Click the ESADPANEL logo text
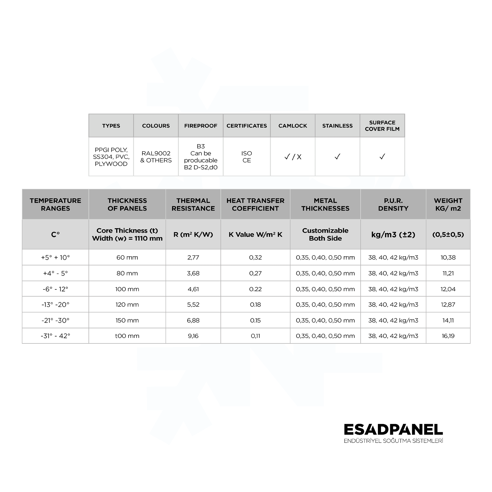click(x=393, y=430)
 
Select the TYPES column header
click(x=111, y=126)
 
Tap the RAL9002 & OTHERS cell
click(x=156, y=157)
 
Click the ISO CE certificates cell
click(x=247, y=157)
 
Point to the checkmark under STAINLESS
click(x=337, y=157)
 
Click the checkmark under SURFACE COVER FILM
click(x=382, y=157)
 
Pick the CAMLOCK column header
click(x=292, y=126)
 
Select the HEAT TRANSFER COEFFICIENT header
click(x=255, y=204)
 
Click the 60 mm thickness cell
click(x=127, y=258)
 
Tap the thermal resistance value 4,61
click(x=193, y=289)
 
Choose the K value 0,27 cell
click(x=255, y=273)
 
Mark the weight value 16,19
click(x=448, y=336)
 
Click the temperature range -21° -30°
click(x=55, y=320)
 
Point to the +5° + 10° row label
click(x=55, y=258)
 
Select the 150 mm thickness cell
click(x=127, y=320)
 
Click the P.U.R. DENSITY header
click(x=393, y=204)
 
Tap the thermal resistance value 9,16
click(x=193, y=336)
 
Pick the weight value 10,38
click(x=448, y=258)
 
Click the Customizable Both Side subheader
click(x=325, y=234)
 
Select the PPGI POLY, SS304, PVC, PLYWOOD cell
click(x=111, y=157)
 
